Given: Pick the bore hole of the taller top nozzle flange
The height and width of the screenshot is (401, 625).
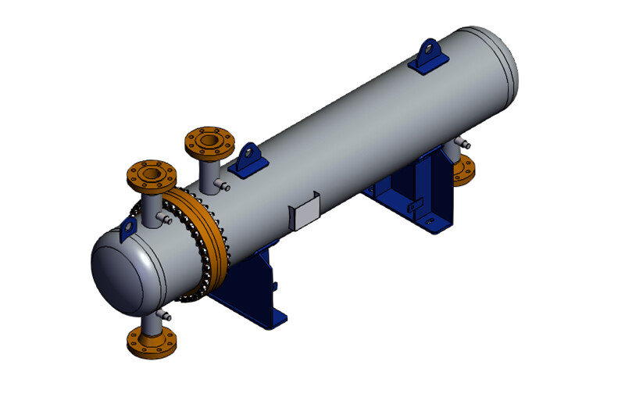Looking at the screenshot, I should (x=209, y=141).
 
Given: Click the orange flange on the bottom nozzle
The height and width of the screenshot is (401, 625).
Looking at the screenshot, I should (x=151, y=341).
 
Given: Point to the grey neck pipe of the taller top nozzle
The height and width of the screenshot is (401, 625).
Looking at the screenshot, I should (x=210, y=171).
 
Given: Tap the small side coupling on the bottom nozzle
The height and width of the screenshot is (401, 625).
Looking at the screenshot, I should (x=165, y=315).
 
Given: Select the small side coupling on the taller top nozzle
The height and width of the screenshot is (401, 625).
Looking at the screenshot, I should (x=223, y=185).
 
